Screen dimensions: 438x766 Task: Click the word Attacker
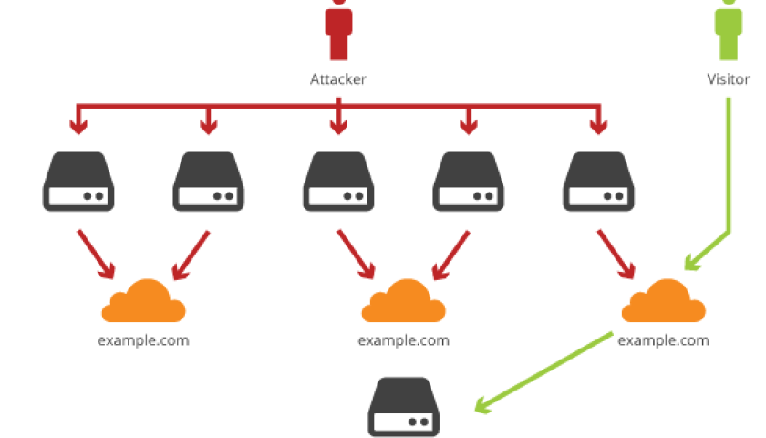pyautogui.click(x=338, y=79)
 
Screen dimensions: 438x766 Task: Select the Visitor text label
pyautogui.click(x=729, y=79)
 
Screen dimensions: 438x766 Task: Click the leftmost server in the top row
pyautogui.click(x=78, y=182)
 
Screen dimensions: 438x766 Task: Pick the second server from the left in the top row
pyautogui.click(x=208, y=182)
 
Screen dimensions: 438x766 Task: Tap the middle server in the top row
pyautogui.click(x=338, y=182)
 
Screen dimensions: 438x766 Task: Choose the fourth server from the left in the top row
pyautogui.click(x=469, y=182)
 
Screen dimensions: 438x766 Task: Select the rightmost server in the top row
pyautogui.click(x=599, y=182)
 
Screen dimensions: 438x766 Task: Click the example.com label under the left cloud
pyautogui.click(x=143, y=340)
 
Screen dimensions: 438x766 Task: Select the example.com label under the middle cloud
pyautogui.click(x=403, y=340)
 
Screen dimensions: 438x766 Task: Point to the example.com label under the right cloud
pyautogui.click(x=663, y=340)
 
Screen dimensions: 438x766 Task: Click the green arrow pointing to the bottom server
pyautogui.click(x=543, y=374)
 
